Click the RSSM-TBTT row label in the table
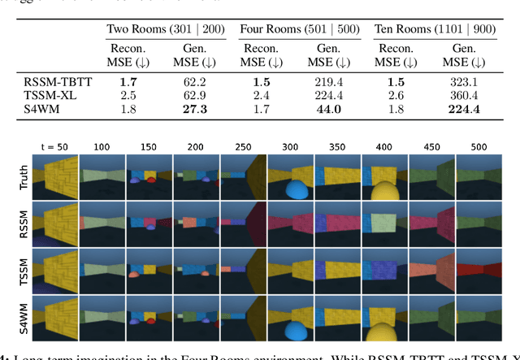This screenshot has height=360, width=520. (x=54, y=82)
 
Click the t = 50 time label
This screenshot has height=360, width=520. (x=56, y=145)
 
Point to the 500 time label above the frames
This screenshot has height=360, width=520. (x=479, y=145)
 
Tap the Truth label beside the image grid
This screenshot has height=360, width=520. (x=24, y=176)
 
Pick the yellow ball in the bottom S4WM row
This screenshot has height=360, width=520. (x=385, y=332)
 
